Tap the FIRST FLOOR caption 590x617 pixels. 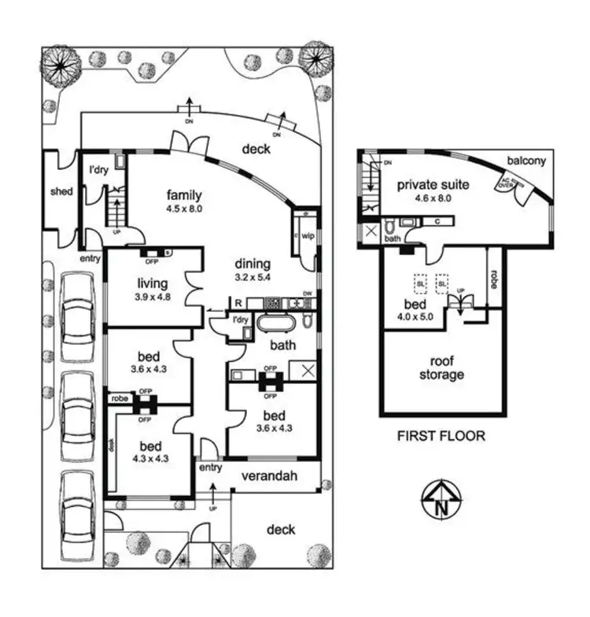coord(441,435)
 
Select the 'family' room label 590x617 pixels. coord(185,195)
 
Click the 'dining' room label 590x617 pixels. coord(251,264)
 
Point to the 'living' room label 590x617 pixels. coord(152,283)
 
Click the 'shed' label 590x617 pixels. coord(61,191)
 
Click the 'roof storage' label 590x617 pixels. coord(441,369)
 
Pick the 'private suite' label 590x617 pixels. coord(433,185)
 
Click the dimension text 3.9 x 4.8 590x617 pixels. coord(152,297)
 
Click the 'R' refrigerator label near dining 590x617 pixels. coord(238,302)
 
